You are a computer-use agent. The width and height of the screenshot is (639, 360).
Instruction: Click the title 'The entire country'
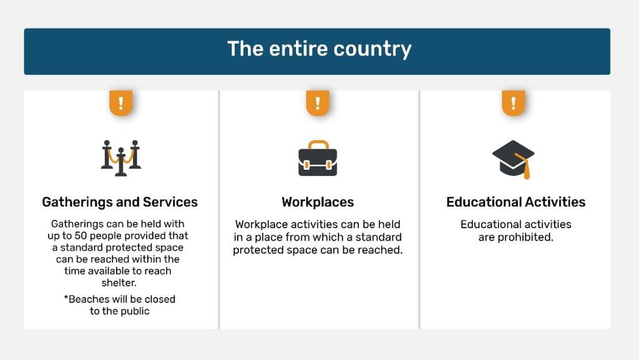click(x=319, y=49)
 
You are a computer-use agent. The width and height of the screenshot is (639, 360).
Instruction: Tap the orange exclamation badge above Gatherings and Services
click(x=120, y=103)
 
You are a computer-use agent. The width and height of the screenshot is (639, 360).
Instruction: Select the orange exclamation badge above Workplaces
click(x=318, y=103)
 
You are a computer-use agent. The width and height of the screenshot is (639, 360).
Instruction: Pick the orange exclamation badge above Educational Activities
click(x=514, y=103)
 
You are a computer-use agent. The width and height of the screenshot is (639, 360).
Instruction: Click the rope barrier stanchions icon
click(x=120, y=158)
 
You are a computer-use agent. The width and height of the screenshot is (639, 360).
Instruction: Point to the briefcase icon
click(x=318, y=158)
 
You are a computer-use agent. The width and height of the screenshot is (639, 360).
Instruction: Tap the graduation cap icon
click(x=513, y=159)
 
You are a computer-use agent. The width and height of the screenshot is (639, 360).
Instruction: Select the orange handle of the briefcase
click(x=318, y=145)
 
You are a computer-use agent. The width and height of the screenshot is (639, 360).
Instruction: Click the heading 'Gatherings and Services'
click(x=120, y=202)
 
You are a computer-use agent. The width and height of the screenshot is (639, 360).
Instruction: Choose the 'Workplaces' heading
click(x=318, y=202)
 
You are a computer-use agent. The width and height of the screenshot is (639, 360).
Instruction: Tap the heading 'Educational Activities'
click(x=515, y=202)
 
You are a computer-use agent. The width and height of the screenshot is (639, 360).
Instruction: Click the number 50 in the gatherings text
click(x=80, y=236)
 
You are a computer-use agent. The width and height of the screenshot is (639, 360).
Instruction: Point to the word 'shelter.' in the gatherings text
click(x=119, y=283)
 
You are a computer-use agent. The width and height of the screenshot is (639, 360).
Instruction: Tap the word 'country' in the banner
click(x=373, y=50)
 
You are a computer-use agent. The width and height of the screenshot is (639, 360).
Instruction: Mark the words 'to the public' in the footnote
click(x=120, y=311)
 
